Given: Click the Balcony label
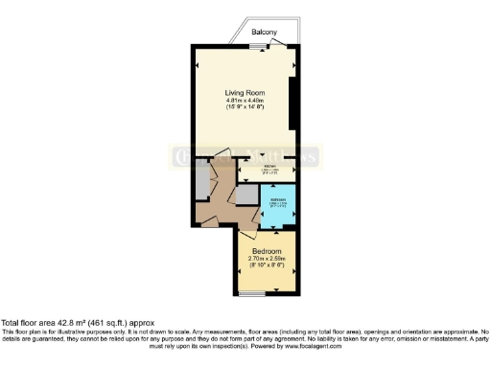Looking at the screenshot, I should pyautogui.click(x=265, y=33).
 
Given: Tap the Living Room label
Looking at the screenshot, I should pyautogui.click(x=245, y=92).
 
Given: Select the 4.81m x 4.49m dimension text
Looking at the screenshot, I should pyautogui.click(x=245, y=101).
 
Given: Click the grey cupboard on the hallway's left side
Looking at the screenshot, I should pyautogui.click(x=202, y=182).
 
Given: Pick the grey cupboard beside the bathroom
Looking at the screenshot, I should pyautogui.click(x=247, y=195).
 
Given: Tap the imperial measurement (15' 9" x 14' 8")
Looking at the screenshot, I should pyautogui.click(x=245, y=108).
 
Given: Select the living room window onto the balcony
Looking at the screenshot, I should pyautogui.click(x=236, y=42).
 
